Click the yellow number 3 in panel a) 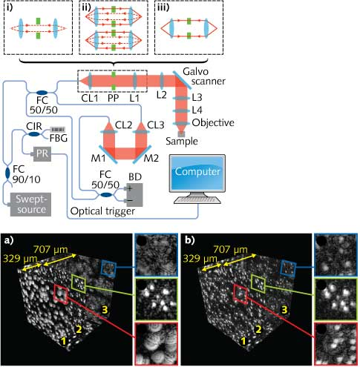pos(106,308)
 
